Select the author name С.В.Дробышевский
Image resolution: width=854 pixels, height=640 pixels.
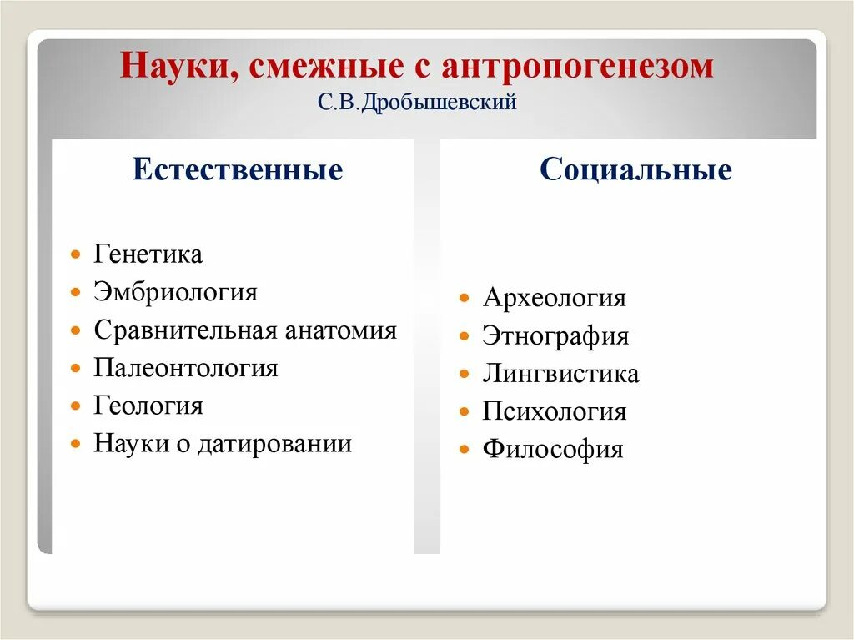tap(417, 103)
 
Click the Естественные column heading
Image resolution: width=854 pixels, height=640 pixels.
tap(238, 170)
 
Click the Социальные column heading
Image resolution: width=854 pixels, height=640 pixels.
tap(635, 170)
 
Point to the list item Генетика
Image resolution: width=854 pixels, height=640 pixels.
tap(148, 254)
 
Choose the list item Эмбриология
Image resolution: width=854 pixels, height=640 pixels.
tap(175, 292)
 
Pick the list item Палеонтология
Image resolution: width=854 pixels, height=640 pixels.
tap(185, 368)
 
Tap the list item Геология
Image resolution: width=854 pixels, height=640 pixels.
tap(148, 406)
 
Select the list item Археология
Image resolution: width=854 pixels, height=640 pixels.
tap(553, 298)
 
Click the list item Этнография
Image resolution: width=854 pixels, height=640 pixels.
tap(555, 336)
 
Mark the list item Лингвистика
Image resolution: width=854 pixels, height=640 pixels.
tap(560, 374)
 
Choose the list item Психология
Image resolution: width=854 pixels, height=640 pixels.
tap(554, 411)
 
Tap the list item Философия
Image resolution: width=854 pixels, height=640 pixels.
tap(552, 450)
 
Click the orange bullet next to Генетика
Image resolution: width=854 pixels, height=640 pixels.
tap(76, 254)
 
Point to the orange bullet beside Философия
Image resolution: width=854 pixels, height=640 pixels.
tap(465, 450)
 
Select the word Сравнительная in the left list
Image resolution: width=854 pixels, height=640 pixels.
tap(184, 330)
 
